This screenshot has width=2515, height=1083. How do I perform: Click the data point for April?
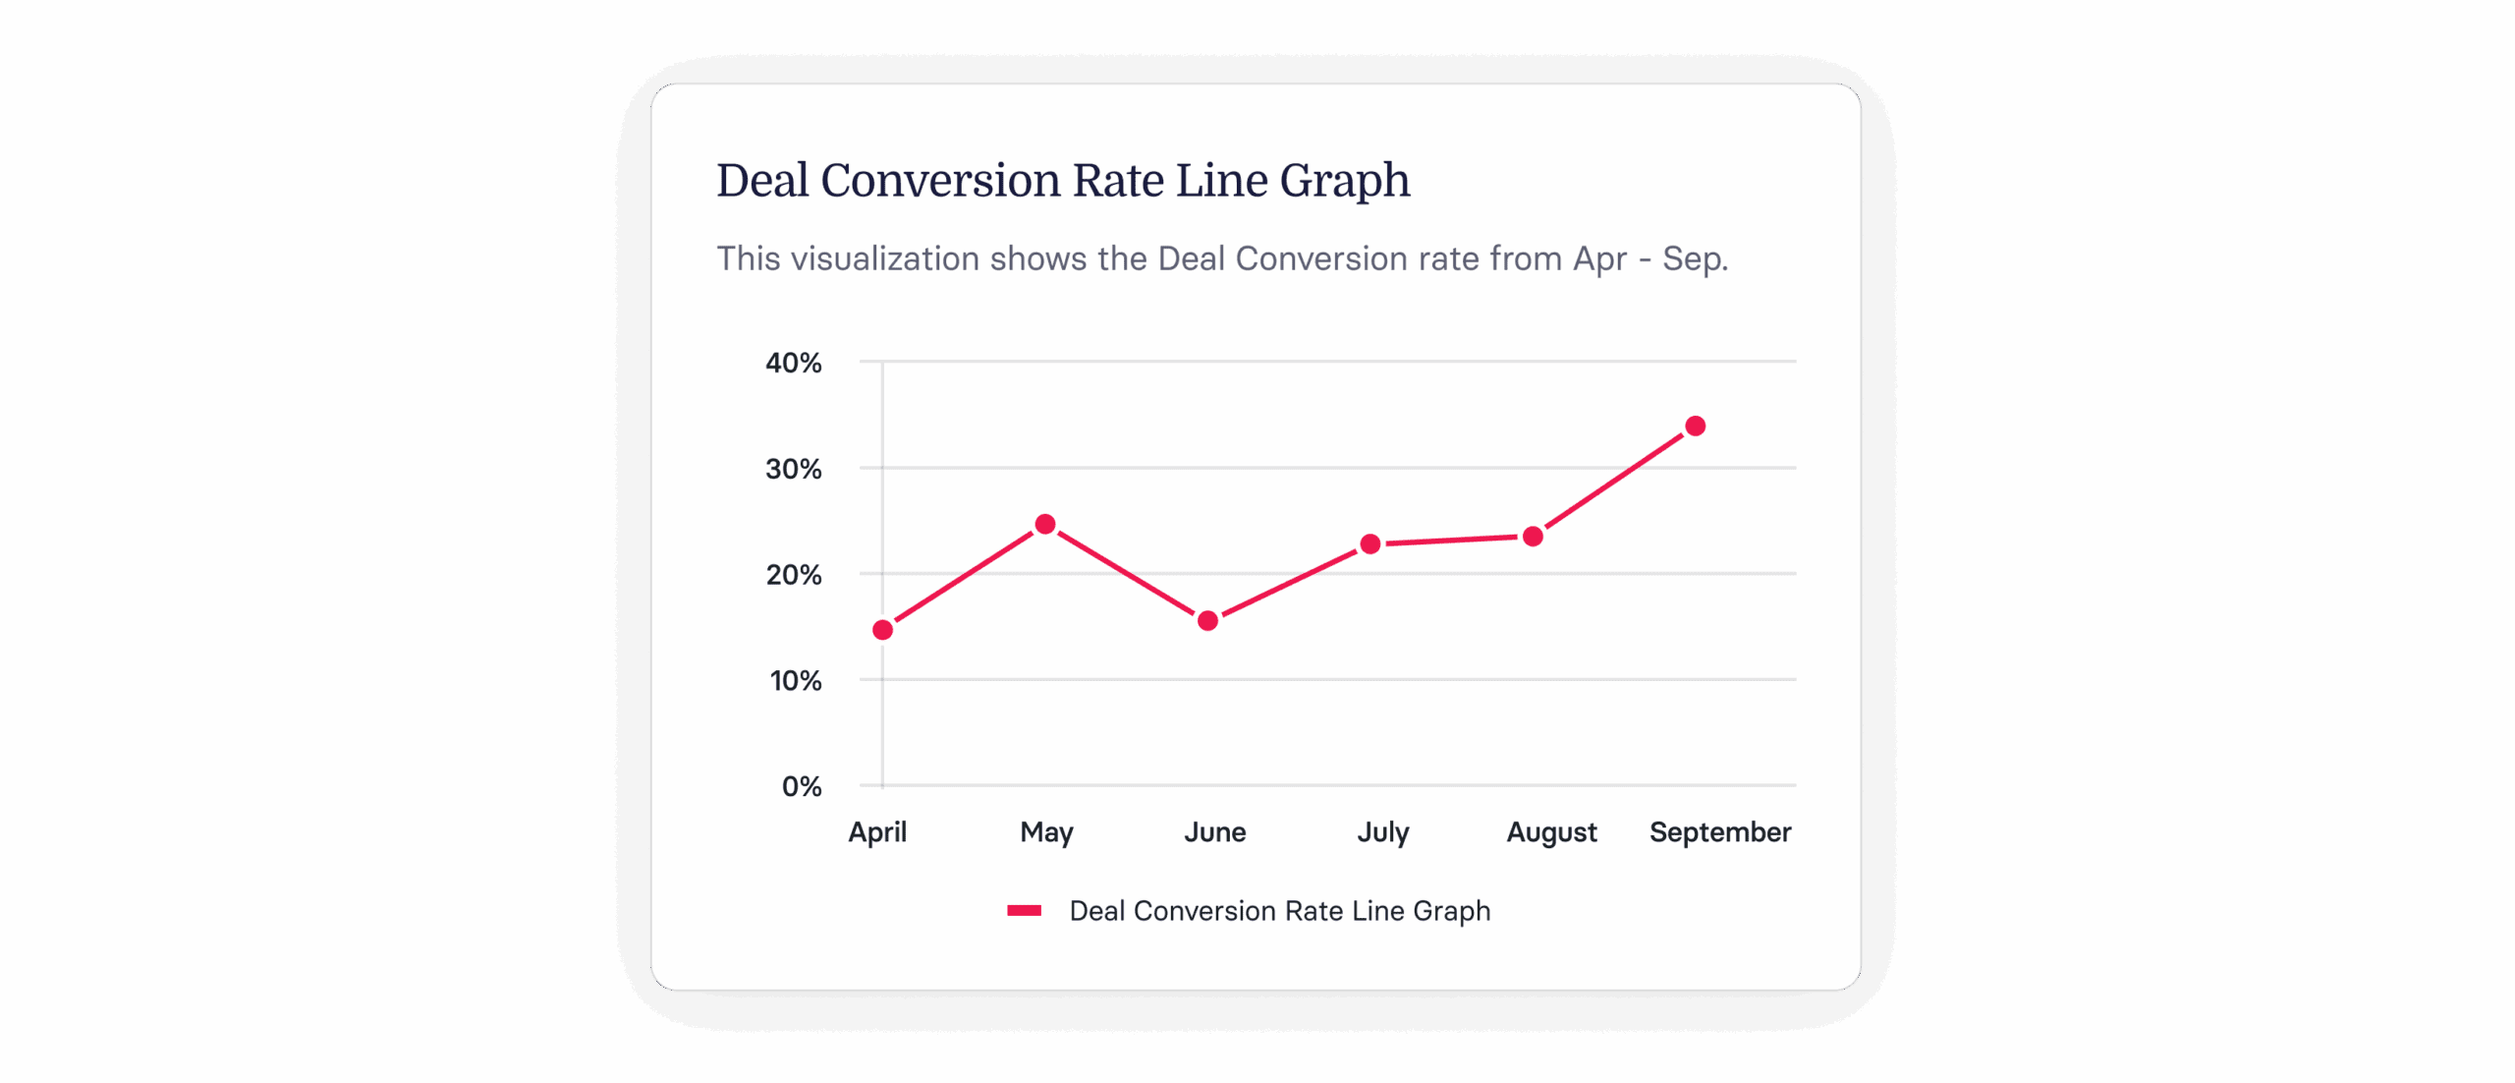click(882, 630)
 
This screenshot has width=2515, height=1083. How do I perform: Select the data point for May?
click(1045, 525)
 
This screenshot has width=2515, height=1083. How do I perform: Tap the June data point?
click(1208, 621)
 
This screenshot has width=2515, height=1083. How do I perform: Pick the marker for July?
click(1370, 544)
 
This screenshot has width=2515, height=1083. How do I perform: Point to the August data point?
click(1533, 537)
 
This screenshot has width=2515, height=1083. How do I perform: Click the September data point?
click(1695, 427)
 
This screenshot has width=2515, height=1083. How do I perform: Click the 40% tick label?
click(793, 364)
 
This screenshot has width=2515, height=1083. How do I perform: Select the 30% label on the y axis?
click(793, 470)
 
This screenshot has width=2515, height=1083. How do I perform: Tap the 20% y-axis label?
click(793, 575)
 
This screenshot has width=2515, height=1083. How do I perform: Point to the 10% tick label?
click(795, 681)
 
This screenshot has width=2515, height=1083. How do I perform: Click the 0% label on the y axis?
click(801, 787)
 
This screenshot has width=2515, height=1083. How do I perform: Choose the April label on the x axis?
click(877, 832)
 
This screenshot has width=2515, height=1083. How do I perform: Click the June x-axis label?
click(1214, 832)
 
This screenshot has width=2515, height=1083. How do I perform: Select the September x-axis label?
click(1719, 832)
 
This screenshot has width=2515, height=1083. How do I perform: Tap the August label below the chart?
click(1551, 832)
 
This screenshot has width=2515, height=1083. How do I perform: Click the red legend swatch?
click(1024, 911)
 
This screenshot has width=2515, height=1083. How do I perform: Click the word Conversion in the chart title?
click(940, 181)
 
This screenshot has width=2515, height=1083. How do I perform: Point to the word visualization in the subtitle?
click(885, 259)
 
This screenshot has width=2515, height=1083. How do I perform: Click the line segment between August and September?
click(1614, 482)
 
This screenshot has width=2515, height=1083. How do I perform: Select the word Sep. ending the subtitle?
click(1695, 259)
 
